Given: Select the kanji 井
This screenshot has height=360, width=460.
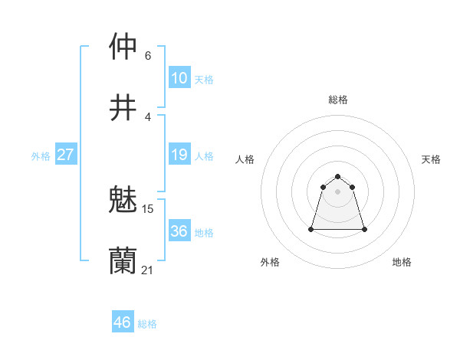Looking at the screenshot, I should [x=123, y=106].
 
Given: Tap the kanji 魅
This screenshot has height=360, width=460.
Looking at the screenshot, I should [x=123, y=198].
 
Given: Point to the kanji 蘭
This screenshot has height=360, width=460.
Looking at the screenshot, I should [x=123, y=260].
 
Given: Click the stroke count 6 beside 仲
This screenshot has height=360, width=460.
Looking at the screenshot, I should [x=148, y=55].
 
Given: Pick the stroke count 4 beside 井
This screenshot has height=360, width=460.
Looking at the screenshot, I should [x=148, y=116].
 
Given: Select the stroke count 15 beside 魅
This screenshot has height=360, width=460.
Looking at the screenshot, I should [x=149, y=208].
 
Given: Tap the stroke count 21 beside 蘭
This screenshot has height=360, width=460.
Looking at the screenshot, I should [x=148, y=270].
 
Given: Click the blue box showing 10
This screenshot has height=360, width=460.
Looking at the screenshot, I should [x=179, y=78].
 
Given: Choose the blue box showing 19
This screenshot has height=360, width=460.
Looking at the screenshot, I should [x=179, y=155].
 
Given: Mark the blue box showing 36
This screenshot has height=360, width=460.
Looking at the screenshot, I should [x=179, y=231].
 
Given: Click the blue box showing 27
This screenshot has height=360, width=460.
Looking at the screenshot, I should [x=65, y=155].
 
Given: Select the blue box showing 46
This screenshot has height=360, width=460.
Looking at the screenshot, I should [x=122, y=322].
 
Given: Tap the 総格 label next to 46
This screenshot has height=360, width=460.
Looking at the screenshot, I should [x=147, y=324].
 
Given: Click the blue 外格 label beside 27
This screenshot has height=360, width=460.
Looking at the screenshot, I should [x=41, y=156].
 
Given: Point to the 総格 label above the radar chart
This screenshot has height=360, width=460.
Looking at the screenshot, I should [x=338, y=100].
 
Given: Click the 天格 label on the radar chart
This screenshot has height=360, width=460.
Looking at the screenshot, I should [x=431, y=159].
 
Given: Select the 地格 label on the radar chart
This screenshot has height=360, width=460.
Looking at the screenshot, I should [x=402, y=262].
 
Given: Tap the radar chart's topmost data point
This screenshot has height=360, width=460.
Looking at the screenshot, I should [x=338, y=172].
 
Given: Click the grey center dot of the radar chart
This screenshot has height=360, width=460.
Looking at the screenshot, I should [x=338, y=191].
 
